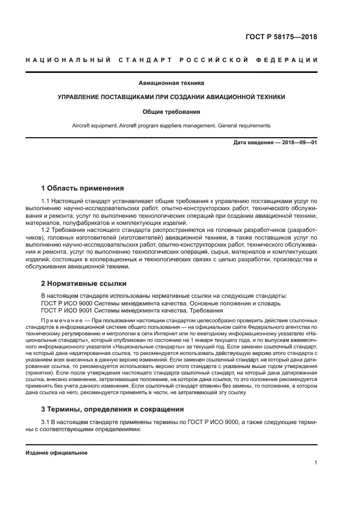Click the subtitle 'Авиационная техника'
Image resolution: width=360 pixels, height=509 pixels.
[x=171, y=83]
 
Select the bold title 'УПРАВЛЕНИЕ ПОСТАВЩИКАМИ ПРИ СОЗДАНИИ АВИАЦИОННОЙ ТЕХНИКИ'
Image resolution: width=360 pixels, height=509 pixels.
[x=171, y=97]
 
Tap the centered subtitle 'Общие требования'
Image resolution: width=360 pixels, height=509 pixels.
[x=171, y=112]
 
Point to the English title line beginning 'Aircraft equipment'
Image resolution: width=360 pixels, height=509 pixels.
[x=171, y=125]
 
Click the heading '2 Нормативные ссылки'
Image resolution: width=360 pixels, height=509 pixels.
[x=84, y=284]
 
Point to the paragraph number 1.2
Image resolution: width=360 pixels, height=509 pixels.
[x=46, y=230]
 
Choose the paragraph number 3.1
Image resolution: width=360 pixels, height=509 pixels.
[x=46, y=422]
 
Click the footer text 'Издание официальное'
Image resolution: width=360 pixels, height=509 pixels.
[x=57, y=453]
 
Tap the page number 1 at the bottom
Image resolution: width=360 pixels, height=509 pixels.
[x=316, y=463]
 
